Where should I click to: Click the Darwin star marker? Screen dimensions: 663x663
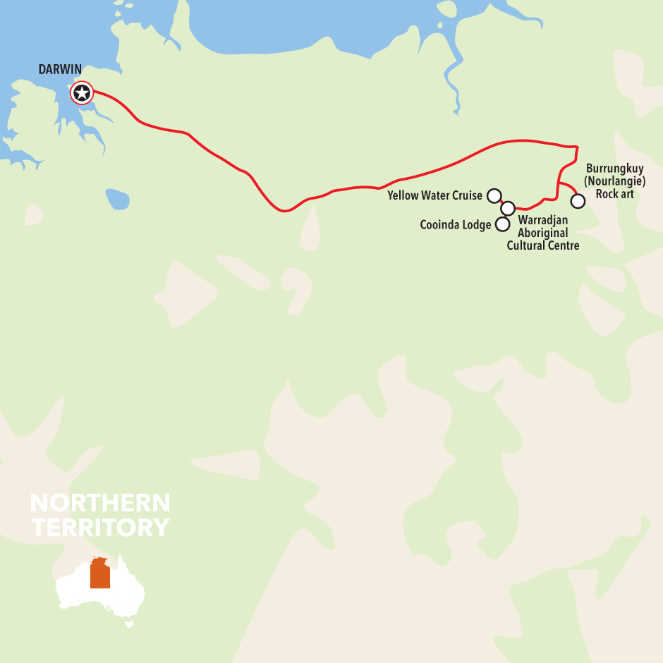click(x=82, y=92)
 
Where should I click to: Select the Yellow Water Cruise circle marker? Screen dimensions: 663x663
click(x=494, y=195)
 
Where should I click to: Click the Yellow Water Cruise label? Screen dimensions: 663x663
click(x=435, y=195)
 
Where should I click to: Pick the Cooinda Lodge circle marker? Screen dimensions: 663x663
click(x=502, y=224)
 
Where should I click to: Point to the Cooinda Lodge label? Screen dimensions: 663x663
click(x=456, y=225)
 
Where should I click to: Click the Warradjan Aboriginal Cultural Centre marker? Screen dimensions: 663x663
click(x=508, y=208)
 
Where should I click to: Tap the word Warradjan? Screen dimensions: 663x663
click(x=543, y=220)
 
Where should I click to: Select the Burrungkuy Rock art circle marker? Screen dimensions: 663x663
click(x=578, y=201)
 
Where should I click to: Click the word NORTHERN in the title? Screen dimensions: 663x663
click(x=100, y=503)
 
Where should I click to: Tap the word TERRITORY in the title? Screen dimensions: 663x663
click(x=100, y=527)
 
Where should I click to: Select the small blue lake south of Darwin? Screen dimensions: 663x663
click(x=118, y=199)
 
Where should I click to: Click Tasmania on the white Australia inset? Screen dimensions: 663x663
click(x=128, y=624)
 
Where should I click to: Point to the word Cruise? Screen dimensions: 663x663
click(x=467, y=195)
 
